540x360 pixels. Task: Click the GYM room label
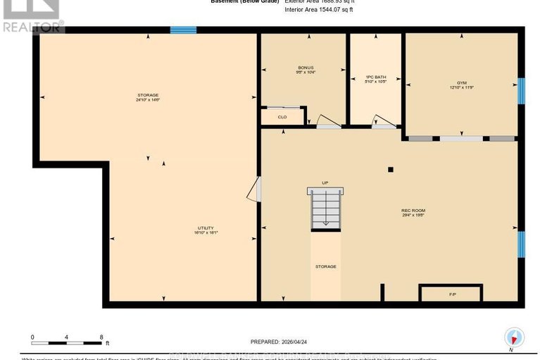[x=462, y=82]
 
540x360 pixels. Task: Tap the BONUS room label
[x=305, y=68]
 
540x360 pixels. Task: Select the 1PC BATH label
[x=376, y=77]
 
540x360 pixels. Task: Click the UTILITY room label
[x=205, y=228]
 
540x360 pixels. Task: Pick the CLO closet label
[x=282, y=117]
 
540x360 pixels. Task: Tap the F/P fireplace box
[x=451, y=292]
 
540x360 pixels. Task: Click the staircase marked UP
[x=325, y=209]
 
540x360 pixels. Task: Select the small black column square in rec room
[x=391, y=169]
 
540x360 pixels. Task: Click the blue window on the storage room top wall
[x=183, y=30]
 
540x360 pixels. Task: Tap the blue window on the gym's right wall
[x=521, y=91]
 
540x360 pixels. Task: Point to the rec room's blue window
[x=521, y=244]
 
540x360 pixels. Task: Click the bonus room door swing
[x=325, y=123]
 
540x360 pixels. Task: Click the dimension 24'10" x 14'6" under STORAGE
[x=148, y=100]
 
